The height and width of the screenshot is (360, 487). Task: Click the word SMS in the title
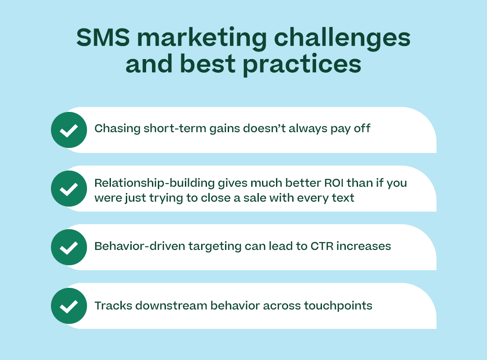click(103, 37)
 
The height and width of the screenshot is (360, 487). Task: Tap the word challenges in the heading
click(342, 39)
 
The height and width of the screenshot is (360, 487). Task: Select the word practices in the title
click(302, 65)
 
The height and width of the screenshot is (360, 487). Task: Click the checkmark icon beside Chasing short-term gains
click(69, 130)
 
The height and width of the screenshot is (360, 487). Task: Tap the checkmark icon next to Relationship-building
click(69, 189)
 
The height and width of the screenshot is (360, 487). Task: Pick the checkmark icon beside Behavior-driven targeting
click(69, 247)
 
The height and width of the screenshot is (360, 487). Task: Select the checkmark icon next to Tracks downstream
click(69, 306)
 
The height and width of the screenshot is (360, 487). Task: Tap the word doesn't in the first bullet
click(264, 128)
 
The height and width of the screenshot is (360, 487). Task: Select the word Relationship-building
click(154, 183)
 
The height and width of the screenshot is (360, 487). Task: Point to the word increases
click(364, 246)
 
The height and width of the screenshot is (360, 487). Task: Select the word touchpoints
click(338, 306)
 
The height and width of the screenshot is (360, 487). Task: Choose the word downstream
click(171, 306)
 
